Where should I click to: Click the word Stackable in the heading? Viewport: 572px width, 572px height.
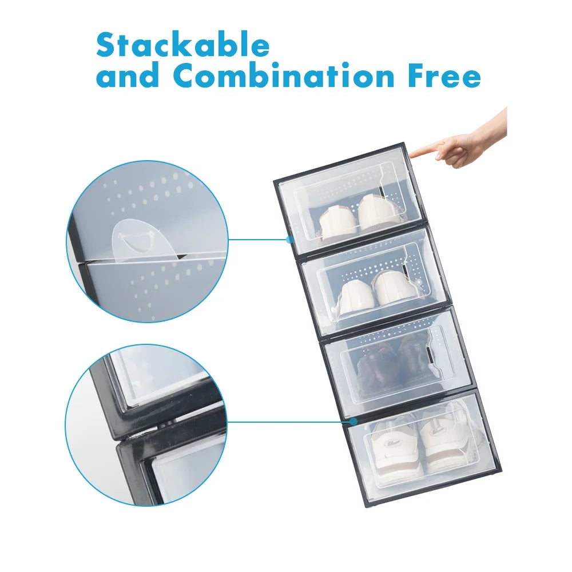click(182, 46)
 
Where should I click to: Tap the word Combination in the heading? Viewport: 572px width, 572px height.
click(282, 76)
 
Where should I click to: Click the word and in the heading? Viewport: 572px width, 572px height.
click(128, 76)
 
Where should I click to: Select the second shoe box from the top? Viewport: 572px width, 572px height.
click(374, 280)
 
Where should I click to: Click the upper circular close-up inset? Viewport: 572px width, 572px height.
click(147, 241)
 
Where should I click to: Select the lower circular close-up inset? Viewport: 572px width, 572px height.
click(147, 424)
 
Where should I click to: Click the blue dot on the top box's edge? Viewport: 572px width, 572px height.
click(291, 240)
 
